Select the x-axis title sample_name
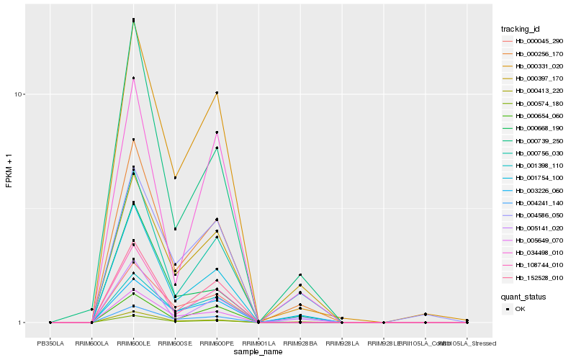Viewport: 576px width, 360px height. [x=258, y=351]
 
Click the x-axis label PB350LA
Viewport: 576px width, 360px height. [x=50, y=343]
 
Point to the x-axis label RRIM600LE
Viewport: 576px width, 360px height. [x=133, y=343]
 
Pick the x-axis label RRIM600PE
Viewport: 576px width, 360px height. [x=217, y=343]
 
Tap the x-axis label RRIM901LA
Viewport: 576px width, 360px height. [x=258, y=343]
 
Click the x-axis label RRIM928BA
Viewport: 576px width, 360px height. [x=300, y=343]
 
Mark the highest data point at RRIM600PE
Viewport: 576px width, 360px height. [x=217, y=92]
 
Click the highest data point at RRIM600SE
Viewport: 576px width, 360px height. [x=175, y=178]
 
